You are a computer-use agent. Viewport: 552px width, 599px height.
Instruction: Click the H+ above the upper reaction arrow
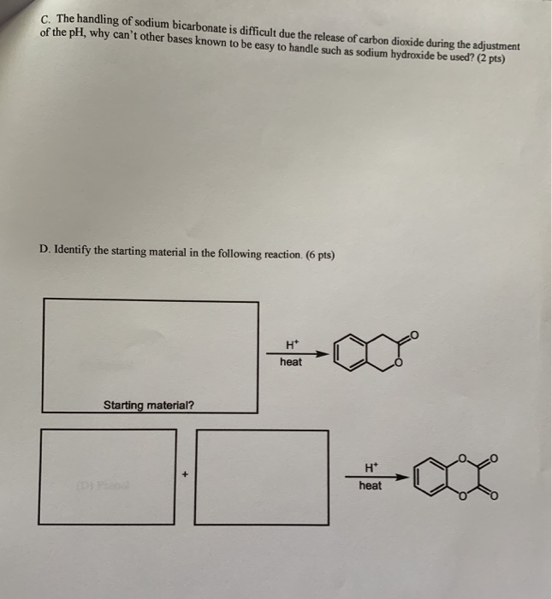(291, 344)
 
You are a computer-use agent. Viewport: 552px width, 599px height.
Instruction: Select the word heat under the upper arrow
(291, 362)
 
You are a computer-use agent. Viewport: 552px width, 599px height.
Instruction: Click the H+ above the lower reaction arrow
(371, 468)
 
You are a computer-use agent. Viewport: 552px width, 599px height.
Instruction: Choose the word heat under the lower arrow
(371, 485)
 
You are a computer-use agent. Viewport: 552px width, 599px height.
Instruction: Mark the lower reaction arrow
(377, 477)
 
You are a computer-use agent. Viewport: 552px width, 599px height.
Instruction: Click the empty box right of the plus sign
(262, 476)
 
